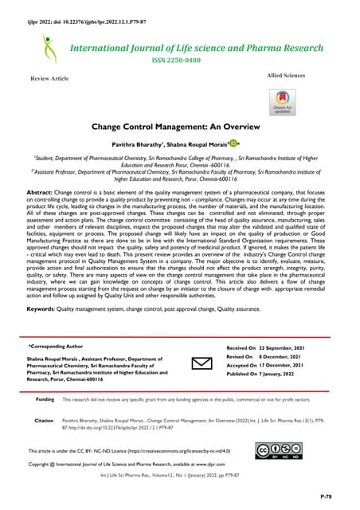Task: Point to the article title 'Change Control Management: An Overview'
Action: [180, 127]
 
